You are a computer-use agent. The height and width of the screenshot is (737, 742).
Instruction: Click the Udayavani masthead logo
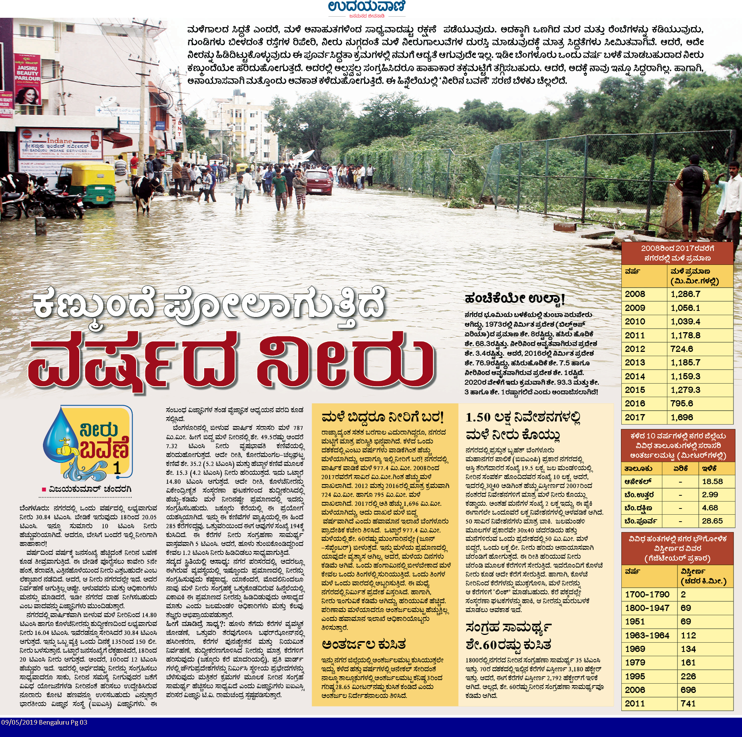(367, 7)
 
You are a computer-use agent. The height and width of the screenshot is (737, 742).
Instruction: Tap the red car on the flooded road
(319, 181)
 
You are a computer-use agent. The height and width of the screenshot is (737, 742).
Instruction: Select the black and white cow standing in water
(145, 191)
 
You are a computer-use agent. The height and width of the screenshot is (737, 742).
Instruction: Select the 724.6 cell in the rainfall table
(682, 349)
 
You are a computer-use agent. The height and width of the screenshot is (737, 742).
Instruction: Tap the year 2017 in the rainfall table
(635, 417)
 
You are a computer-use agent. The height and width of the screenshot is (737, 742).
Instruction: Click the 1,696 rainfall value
(682, 417)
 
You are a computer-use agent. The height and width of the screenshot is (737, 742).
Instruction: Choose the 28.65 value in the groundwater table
(712, 521)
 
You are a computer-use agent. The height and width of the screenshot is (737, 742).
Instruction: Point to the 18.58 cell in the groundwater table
(712, 481)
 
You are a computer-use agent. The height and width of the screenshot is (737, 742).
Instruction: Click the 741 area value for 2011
(688, 703)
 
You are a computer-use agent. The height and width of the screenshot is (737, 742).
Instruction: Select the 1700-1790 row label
(647, 594)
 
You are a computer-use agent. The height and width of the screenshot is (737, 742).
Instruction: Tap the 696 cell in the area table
(688, 690)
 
